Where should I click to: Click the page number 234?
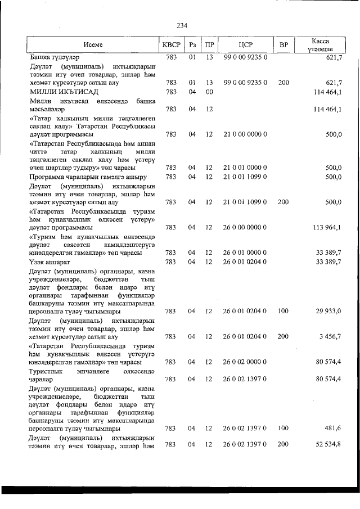tap(181, 25)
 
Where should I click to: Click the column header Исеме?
tap(92, 44)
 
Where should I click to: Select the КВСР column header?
tap(172, 44)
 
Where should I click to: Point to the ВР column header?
tap(283, 44)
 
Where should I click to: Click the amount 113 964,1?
tap(325, 228)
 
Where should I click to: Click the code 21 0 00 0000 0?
tap(245, 134)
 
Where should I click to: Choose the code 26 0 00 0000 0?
tap(245, 228)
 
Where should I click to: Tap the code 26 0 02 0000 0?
tap(245, 363)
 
